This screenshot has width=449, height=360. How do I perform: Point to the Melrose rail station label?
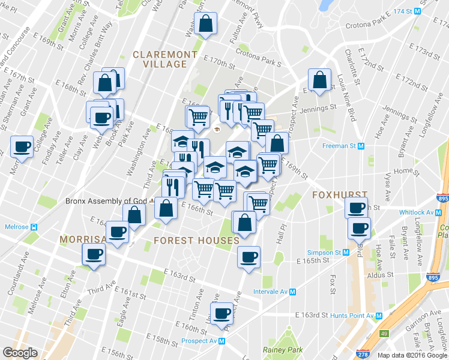click(18, 227)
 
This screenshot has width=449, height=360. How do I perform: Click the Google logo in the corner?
click(20, 353)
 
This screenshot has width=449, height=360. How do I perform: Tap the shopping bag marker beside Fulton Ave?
click(205, 25)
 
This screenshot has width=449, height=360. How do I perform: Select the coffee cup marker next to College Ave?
click(23, 146)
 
